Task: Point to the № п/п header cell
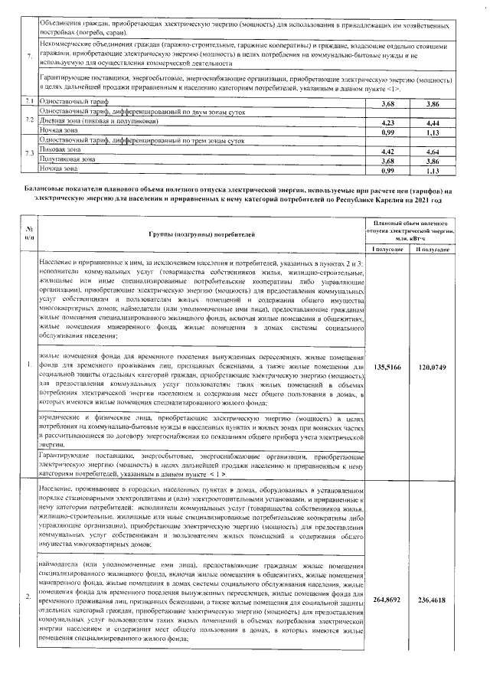coord(28,233)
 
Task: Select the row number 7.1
coord(28,102)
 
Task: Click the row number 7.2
coord(28,120)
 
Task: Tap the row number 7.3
coord(28,155)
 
